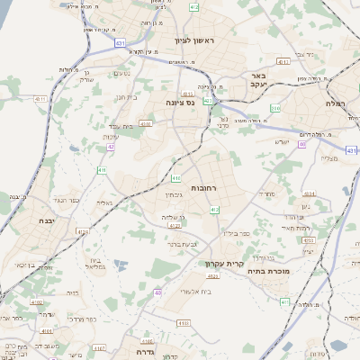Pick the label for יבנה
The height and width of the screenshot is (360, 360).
click(x=47, y=220)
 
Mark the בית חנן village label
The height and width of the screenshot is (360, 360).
click(x=126, y=96)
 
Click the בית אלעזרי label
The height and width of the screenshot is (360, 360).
click(x=195, y=291)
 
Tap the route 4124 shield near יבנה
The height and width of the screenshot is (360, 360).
click(x=84, y=231)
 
